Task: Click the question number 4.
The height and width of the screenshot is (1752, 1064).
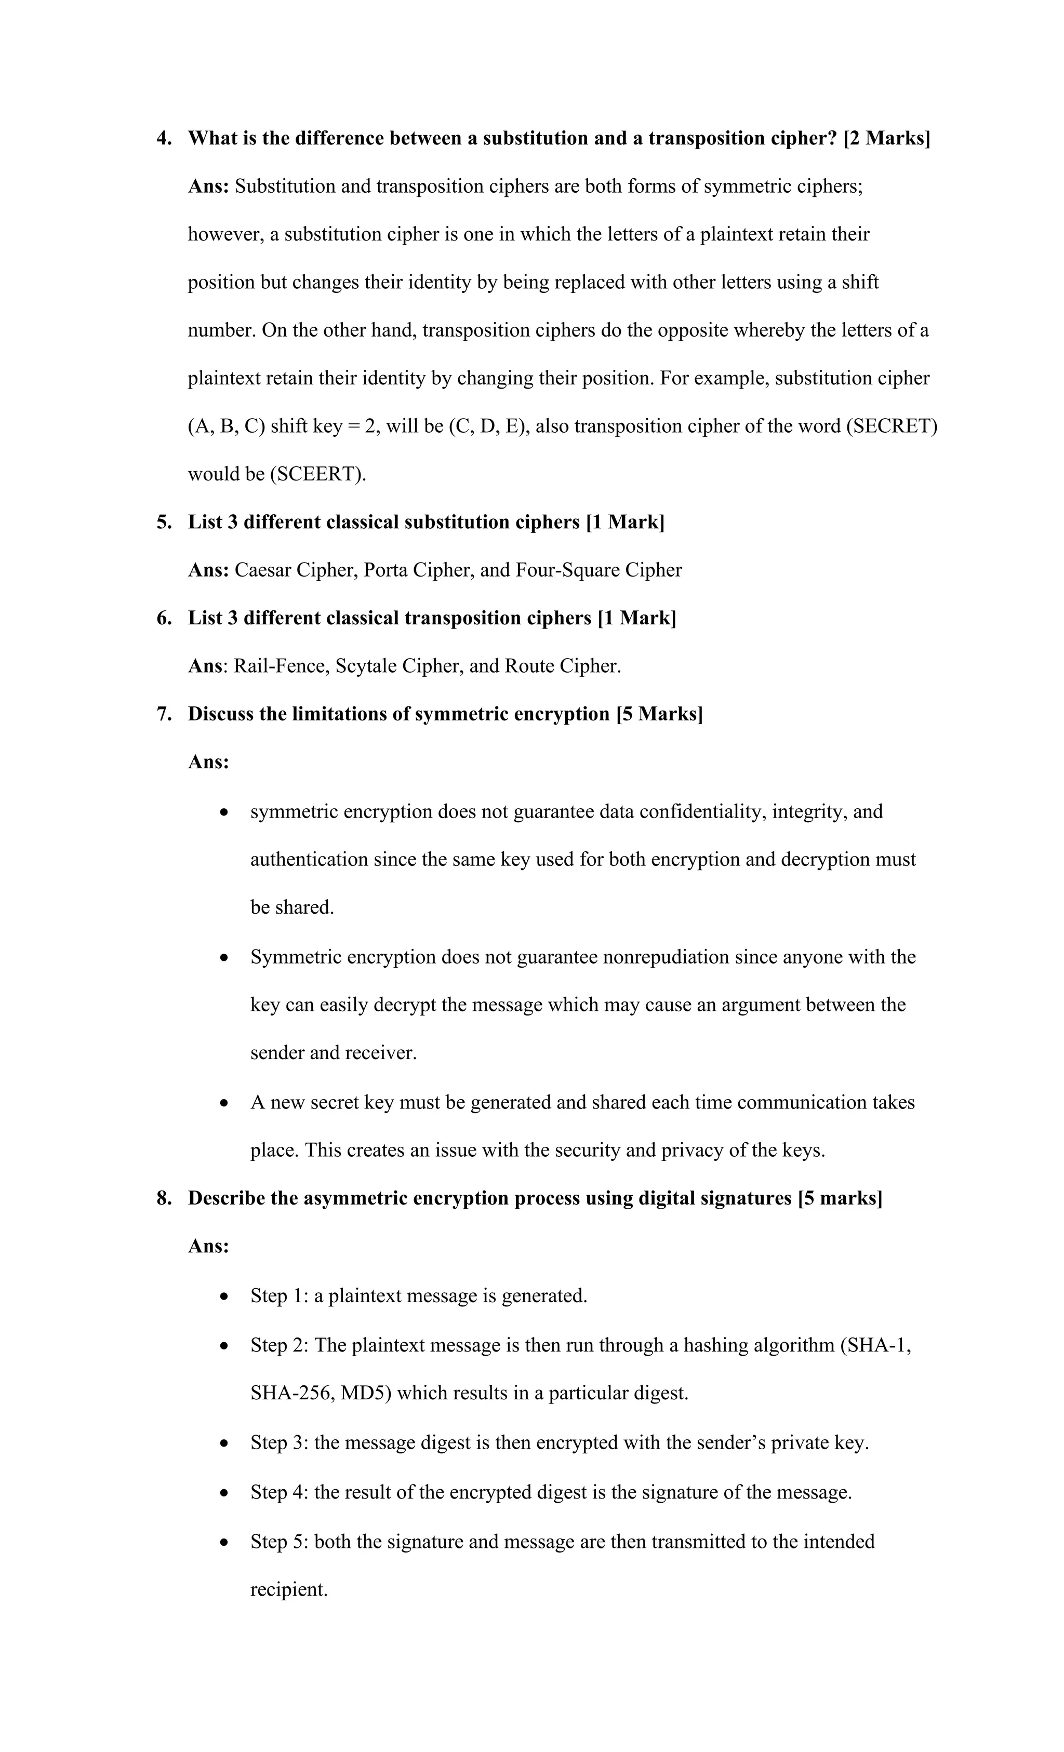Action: pos(164,139)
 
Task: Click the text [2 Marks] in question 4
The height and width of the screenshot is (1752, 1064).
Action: pos(886,139)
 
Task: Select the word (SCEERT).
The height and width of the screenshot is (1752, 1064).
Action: pos(318,474)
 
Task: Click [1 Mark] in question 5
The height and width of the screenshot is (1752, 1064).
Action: pos(625,523)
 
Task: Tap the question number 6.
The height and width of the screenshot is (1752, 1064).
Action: pos(164,619)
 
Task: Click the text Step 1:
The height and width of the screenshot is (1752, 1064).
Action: pos(279,1295)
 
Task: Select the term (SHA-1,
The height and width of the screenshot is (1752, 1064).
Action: pos(875,1345)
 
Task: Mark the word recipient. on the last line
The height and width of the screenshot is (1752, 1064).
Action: pos(289,1589)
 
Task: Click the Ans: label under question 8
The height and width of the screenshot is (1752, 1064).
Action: pos(208,1247)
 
